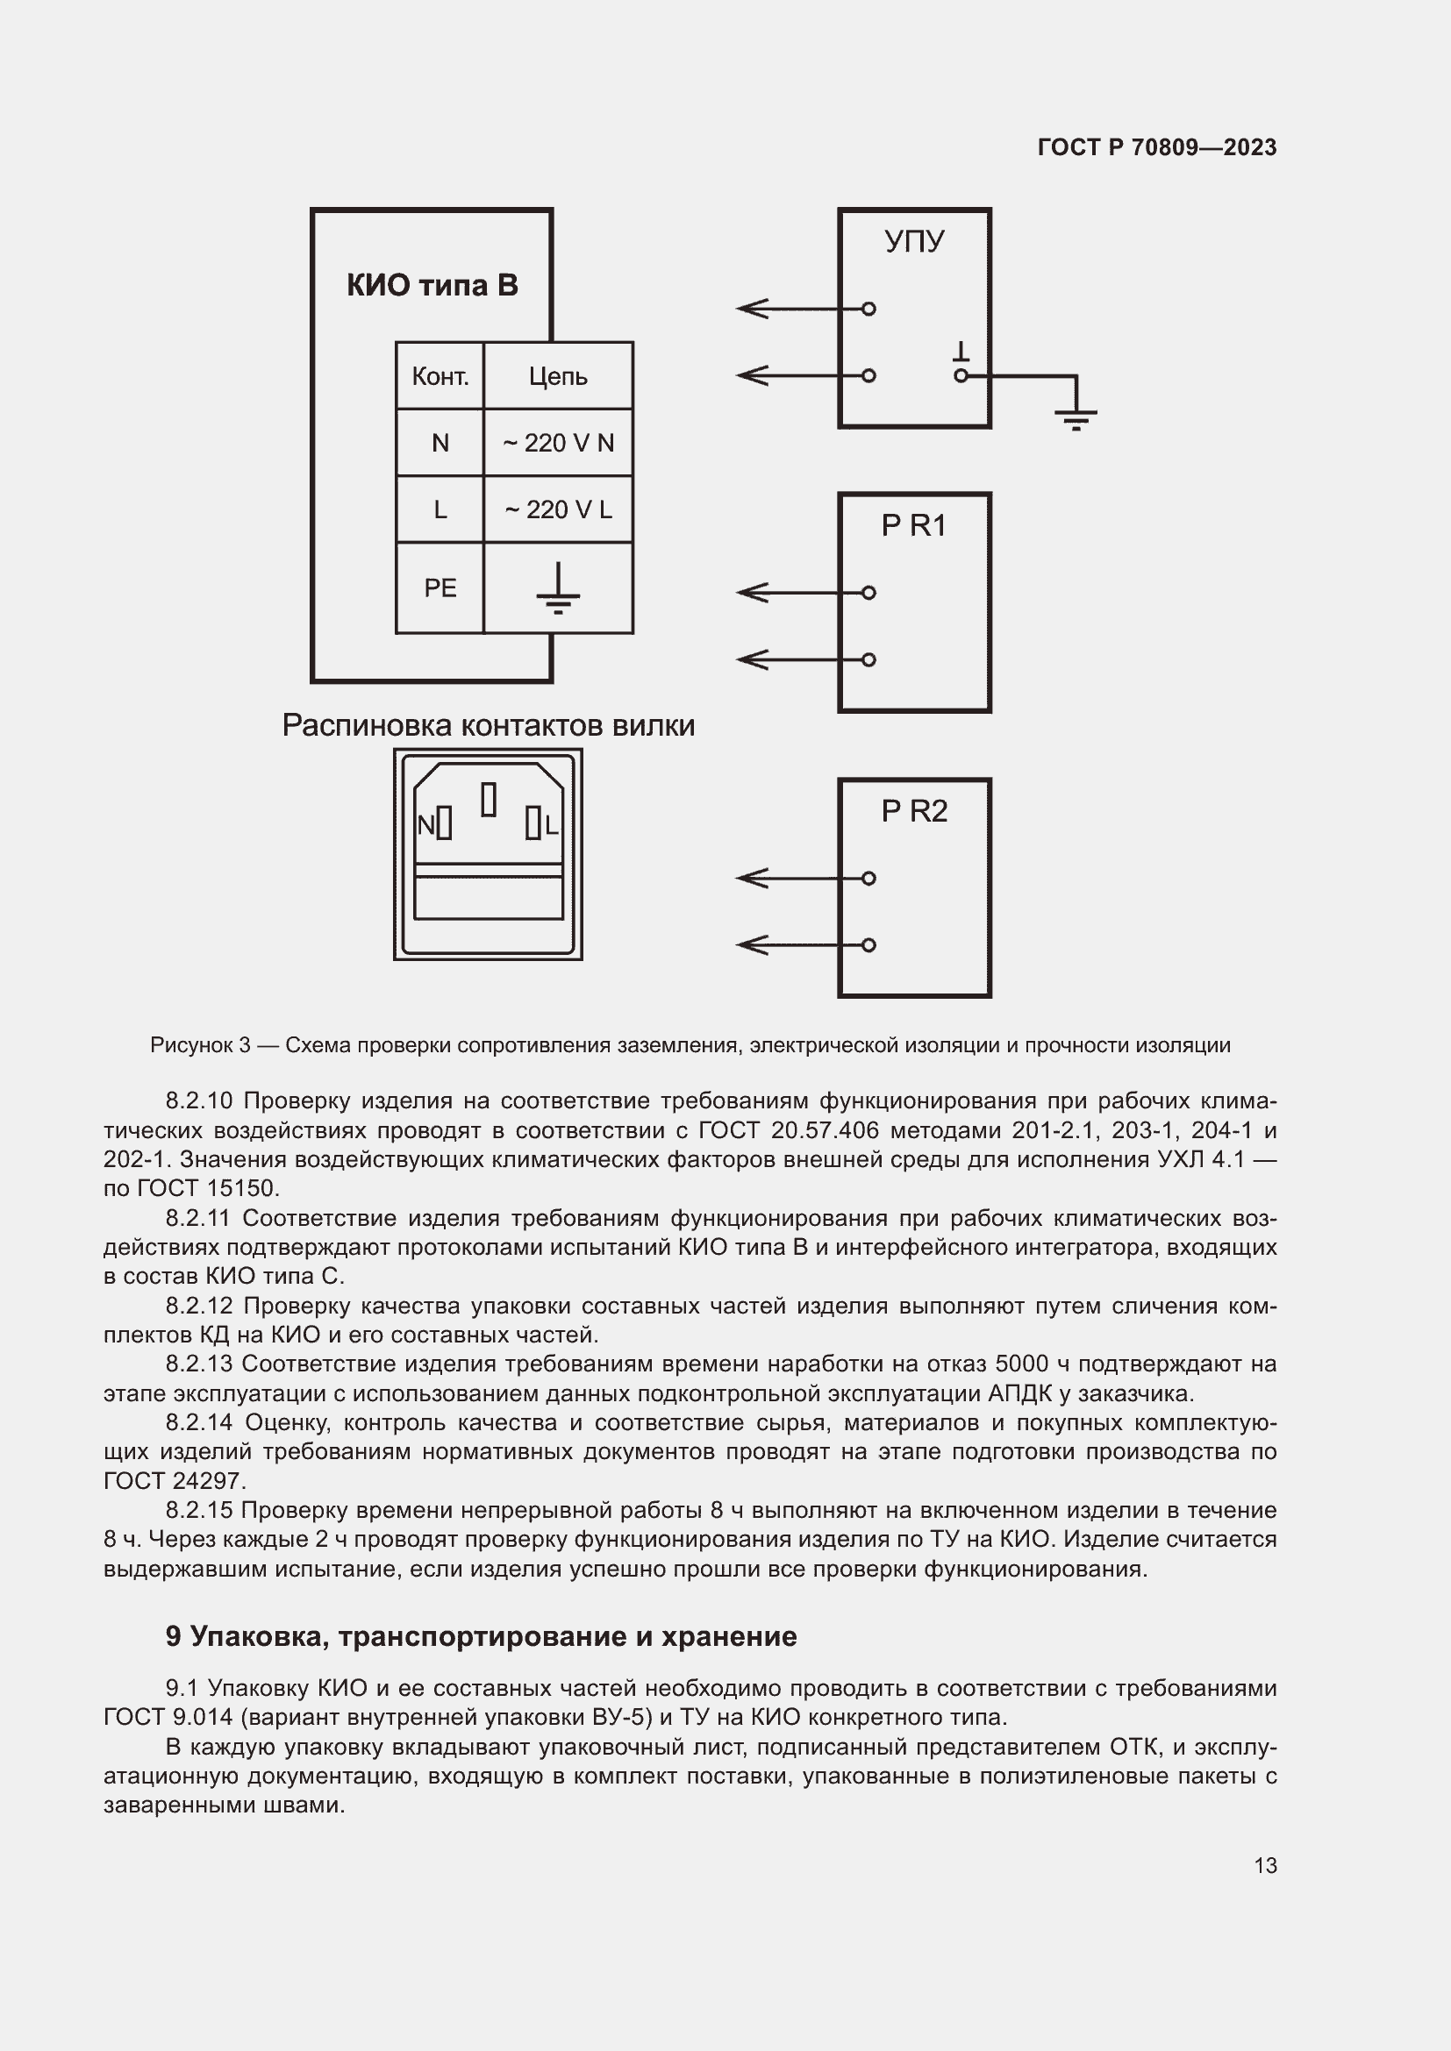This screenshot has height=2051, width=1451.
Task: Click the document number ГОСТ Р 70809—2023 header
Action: pos(1156,147)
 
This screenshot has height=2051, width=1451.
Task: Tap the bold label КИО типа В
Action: pos(432,285)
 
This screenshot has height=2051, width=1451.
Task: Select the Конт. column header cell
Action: pos(440,376)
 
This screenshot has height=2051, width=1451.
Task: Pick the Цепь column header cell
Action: pos(558,376)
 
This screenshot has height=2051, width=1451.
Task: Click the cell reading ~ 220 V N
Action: pos(558,443)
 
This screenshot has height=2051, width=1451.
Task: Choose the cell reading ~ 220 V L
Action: pos(558,509)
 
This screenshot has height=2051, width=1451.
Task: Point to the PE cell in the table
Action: pos(440,588)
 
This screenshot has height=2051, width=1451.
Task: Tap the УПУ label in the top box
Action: pos(914,241)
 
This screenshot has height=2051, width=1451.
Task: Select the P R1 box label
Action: pos(913,526)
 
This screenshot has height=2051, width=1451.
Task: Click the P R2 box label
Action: pos(913,811)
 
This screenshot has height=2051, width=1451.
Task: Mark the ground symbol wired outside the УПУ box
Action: pos(1076,417)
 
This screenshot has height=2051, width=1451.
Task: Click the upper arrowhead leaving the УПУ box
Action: pos(751,309)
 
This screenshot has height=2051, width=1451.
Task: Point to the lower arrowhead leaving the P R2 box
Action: pos(751,945)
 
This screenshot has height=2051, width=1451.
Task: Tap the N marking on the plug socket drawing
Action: pos(426,825)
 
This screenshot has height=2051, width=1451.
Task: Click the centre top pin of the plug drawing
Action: pos(489,800)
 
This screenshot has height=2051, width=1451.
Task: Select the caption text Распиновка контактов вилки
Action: pos(488,725)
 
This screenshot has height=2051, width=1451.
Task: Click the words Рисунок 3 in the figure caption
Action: pos(200,1045)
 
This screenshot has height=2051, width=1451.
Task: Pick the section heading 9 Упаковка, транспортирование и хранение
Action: pos(481,1635)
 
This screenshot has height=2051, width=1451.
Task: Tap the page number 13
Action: pos(1265,1865)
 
